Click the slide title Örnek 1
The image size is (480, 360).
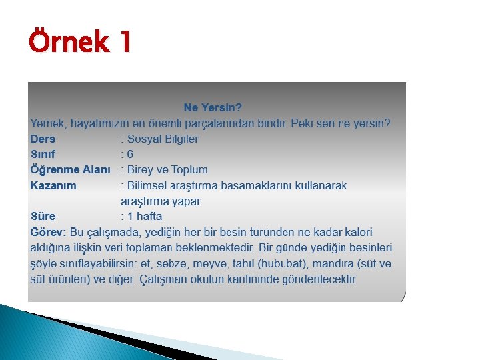tap(80, 43)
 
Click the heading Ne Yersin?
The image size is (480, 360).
tap(213, 107)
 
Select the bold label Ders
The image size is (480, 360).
tap(43, 139)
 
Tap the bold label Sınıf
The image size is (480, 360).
tap(42, 154)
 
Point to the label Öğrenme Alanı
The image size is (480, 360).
tap(70, 169)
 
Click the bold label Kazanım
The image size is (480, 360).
tap(53, 185)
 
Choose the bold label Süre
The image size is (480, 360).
tap(43, 216)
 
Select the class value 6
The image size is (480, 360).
tap(130, 154)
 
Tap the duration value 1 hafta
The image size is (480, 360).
tap(144, 216)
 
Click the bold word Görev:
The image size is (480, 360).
tap(48, 232)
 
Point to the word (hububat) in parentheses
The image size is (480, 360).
tap(287, 263)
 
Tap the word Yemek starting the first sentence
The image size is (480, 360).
tap(47, 123)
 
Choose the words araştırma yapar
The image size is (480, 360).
tap(161, 201)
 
